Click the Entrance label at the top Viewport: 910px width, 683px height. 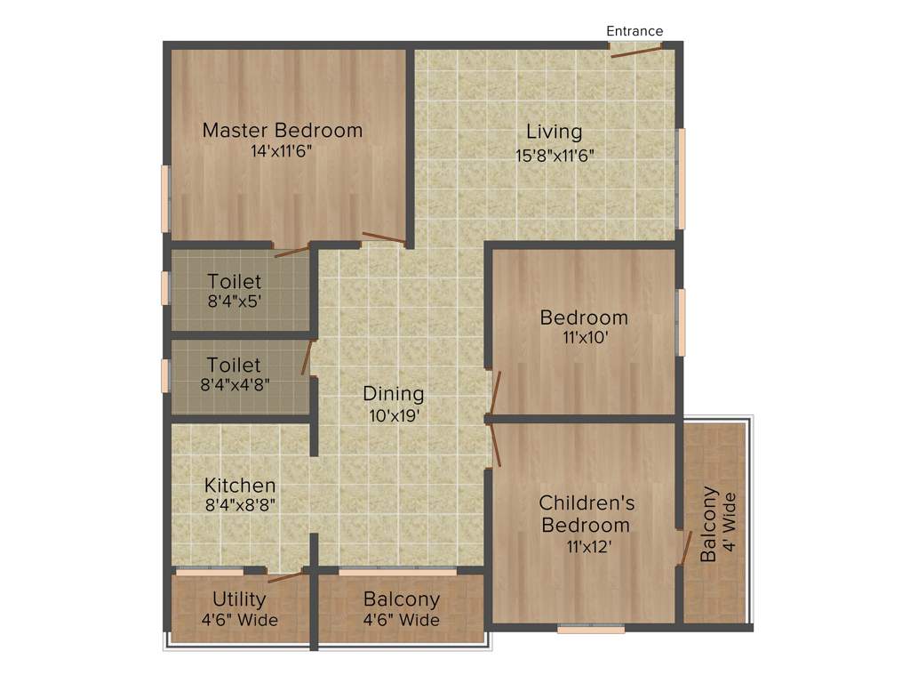coord(635,31)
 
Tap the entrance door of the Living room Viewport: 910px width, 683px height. coord(636,51)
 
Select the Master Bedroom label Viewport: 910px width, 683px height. coord(283,130)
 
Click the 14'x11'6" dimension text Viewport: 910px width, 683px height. coord(282,151)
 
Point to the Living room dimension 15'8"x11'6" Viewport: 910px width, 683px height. coord(554,154)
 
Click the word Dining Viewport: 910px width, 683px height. coord(394,393)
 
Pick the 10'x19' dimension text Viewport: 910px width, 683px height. coord(394,414)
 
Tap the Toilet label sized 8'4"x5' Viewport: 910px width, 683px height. coord(235,282)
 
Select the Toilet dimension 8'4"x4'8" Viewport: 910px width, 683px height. coord(235,386)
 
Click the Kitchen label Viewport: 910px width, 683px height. coord(240,486)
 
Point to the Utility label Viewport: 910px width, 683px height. coord(239,599)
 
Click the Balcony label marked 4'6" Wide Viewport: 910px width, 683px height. coord(402,599)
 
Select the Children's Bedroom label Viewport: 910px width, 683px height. coord(587,514)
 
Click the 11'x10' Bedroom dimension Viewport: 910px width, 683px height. coord(584,339)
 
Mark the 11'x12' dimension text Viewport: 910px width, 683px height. coord(586,546)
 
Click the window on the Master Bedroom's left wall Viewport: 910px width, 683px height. coord(165,199)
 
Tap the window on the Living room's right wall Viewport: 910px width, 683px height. coord(682,179)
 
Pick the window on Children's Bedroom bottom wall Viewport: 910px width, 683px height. coord(591,629)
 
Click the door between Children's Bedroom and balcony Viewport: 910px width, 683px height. coord(684,549)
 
